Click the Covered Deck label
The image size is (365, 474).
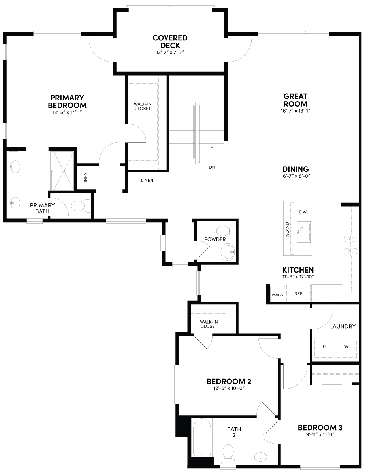coord(170,41)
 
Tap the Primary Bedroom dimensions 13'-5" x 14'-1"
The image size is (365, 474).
coord(67,113)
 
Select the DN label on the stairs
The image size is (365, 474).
coord(212,167)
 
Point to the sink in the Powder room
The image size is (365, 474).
coord(228,252)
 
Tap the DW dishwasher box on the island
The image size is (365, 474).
coord(303,212)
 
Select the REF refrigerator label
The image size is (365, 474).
coord(298,294)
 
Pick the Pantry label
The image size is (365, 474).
coord(277,295)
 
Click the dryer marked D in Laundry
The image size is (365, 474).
coord(324,346)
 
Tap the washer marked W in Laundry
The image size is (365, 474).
coord(346,346)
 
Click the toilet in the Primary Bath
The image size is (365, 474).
coord(81,206)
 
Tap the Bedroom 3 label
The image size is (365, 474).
coord(320,428)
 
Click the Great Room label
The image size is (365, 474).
coord(295,100)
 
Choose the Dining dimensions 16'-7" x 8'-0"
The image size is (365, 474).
coord(295,177)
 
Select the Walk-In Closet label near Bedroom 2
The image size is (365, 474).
coord(209,324)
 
